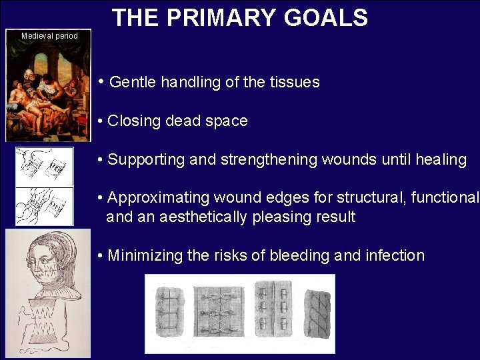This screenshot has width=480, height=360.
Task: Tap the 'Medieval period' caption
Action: pos(49,36)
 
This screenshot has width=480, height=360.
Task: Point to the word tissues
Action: pos(295,83)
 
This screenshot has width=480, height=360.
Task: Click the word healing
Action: pos(441,160)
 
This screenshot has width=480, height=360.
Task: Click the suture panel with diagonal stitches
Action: pos(316,312)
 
